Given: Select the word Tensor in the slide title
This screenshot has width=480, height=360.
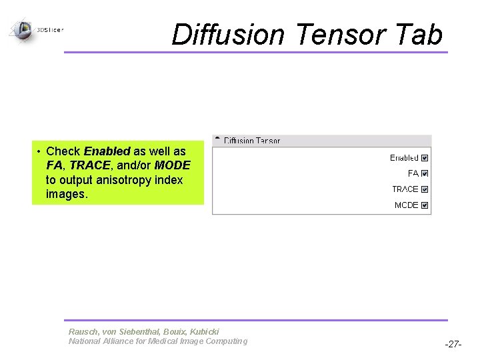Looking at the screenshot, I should click(341, 35).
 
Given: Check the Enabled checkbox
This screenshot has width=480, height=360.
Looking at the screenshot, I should click(425, 158).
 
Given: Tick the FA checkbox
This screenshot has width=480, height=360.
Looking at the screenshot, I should click(425, 173).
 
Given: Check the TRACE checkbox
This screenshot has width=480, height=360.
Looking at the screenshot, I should click(425, 189).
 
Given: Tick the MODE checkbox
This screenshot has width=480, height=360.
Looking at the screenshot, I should click(425, 205).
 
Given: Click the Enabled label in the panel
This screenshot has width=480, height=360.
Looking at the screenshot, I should click(404, 158).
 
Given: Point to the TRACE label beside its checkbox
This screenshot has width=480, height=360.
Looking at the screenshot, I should click(405, 189).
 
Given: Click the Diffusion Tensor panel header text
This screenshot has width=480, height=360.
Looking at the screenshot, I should click(252, 141).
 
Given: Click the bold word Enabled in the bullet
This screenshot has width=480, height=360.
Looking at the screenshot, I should click(107, 151).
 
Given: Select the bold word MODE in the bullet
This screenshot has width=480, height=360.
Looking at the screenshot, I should click(172, 165).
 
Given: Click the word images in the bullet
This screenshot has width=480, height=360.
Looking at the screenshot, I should click(67, 195).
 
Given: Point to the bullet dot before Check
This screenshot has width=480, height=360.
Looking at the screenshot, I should click(39, 151).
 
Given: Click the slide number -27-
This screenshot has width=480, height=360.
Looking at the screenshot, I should click(453, 345).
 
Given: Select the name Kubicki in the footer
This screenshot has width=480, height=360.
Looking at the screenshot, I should click(204, 331).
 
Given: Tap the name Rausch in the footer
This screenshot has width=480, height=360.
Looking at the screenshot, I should click(83, 331).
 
